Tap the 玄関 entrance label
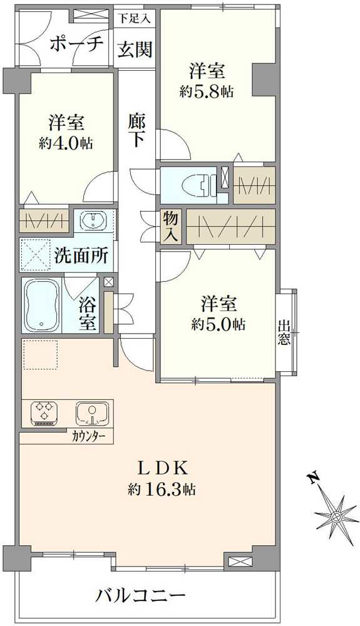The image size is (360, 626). [x=135, y=49]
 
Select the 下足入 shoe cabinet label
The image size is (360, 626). [x=134, y=19]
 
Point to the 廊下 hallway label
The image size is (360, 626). [x=137, y=128]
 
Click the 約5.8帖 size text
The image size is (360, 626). [x=207, y=91]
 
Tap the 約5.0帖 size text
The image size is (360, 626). [x=218, y=324]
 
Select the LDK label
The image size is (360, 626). [x=163, y=468]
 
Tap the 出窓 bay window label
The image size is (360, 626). [x=284, y=333]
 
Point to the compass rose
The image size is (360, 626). [x=336, y=516]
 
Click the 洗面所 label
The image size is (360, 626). [x=81, y=255]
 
